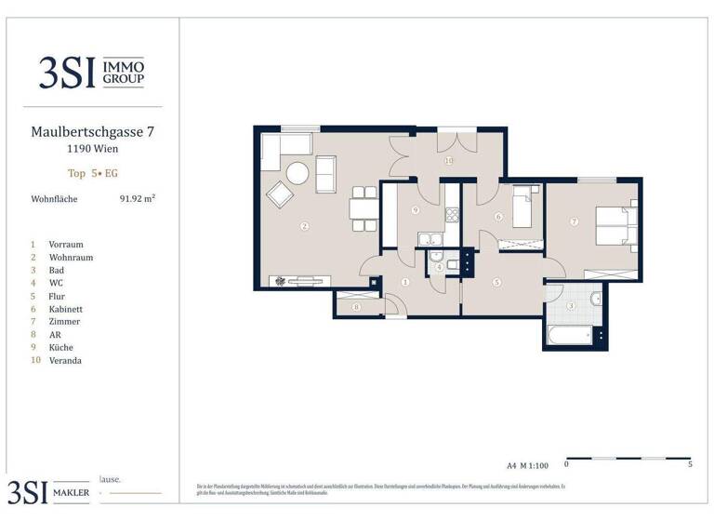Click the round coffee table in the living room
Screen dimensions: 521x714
(297, 173)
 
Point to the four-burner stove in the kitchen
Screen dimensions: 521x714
(454, 214)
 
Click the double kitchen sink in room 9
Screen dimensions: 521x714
(430, 240)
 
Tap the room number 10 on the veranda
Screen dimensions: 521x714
(448, 160)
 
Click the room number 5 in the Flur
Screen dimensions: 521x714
(496, 282)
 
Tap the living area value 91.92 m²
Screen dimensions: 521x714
(137, 198)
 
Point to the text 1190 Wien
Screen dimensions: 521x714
(91, 149)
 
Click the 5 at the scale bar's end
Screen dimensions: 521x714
(689, 463)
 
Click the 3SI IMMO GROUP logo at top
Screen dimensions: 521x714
(91, 71)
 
